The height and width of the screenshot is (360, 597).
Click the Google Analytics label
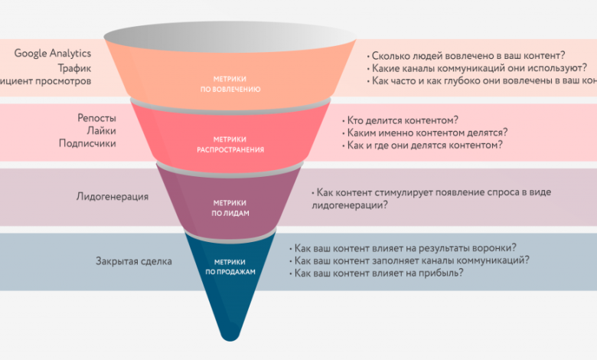53,53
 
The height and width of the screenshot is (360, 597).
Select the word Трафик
74,67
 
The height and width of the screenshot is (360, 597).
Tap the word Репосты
96,118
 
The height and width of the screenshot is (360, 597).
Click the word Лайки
102,130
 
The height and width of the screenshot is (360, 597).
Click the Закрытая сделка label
134,261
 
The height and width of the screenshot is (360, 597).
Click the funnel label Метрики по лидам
230,208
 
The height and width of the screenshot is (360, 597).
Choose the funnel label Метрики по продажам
230,266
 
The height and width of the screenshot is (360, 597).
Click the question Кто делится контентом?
403,119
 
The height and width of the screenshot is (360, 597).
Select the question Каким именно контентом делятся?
427,132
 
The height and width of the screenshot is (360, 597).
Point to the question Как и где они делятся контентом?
425,145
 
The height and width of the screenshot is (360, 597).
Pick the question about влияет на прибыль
378,273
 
